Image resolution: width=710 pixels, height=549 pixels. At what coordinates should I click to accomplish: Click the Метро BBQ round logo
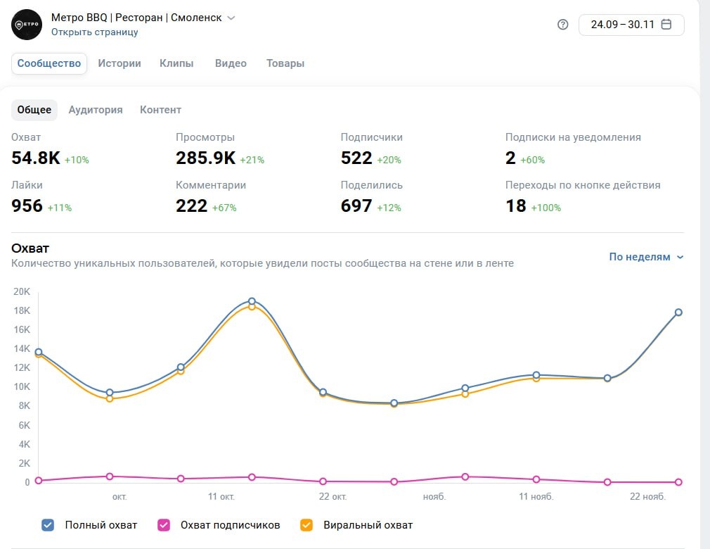[27, 25]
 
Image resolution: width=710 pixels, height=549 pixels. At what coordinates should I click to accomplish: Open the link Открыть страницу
[94, 32]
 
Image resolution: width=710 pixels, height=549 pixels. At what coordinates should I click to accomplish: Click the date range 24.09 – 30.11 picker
[631, 25]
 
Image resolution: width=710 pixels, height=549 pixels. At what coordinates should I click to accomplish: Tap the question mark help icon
[562, 25]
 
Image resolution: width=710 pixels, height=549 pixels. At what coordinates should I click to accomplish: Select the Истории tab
[120, 63]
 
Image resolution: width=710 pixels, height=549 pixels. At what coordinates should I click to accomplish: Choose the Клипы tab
[176, 63]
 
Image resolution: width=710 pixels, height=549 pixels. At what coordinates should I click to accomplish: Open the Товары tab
[285, 63]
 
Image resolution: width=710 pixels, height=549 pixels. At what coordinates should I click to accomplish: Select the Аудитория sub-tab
[96, 110]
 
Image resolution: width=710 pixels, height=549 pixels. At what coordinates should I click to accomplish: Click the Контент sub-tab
[160, 110]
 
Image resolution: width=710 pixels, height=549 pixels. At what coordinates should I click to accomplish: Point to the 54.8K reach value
[36, 158]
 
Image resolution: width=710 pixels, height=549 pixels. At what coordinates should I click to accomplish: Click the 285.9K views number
[205, 158]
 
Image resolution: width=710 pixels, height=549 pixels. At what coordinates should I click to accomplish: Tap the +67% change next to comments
[224, 208]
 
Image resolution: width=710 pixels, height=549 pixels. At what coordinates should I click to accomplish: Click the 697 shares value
[356, 206]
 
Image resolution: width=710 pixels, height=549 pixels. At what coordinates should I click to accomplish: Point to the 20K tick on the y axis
[22, 291]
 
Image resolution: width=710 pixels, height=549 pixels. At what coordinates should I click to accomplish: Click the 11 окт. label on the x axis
[221, 497]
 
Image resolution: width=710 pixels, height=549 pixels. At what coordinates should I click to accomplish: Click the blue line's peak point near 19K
[252, 301]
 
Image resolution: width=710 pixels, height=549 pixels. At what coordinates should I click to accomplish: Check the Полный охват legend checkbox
[48, 524]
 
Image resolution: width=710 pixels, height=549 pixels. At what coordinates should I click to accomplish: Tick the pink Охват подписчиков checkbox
[164, 524]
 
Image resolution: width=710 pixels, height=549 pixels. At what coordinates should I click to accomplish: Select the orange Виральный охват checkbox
[306, 524]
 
